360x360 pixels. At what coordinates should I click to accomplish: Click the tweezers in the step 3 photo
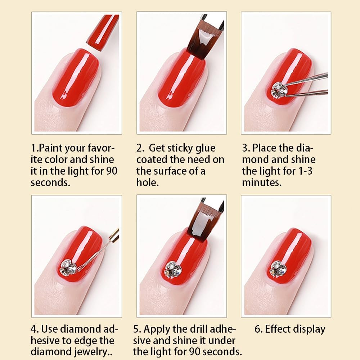click(x=305, y=85)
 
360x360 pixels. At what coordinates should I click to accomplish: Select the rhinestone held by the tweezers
click(x=279, y=90)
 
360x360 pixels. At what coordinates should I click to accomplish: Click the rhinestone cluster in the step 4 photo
click(x=68, y=267)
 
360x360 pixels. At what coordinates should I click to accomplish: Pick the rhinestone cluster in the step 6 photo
click(x=278, y=268)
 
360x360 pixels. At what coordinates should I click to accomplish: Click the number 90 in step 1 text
click(x=112, y=171)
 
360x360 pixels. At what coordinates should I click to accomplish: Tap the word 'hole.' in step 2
click(x=147, y=182)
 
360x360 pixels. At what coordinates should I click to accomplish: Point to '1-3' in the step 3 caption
click(x=305, y=171)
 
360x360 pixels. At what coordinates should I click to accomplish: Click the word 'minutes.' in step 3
click(x=262, y=183)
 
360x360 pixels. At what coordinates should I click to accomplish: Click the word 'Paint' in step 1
click(x=50, y=148)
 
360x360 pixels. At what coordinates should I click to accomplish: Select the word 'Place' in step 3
click(x=264, y=148)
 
